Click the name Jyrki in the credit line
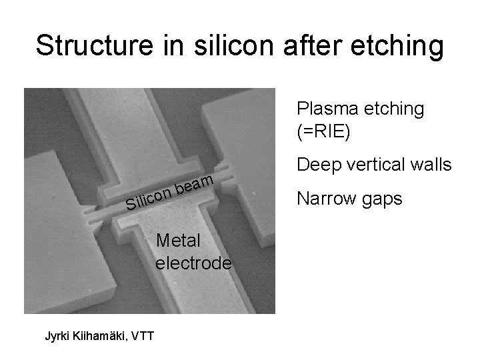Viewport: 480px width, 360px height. click(x=58, y=335)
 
